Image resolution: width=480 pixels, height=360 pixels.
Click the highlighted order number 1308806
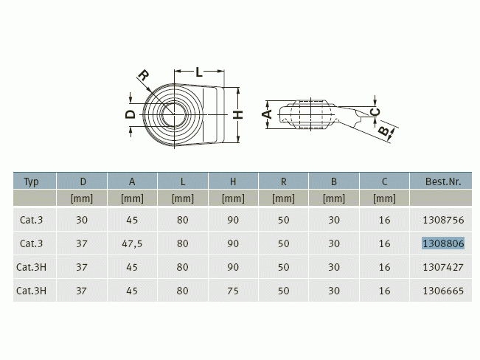[x=443, y=243]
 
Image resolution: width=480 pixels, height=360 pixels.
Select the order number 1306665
[x=443, y=291]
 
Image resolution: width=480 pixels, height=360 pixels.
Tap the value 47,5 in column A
[x=132, y=243]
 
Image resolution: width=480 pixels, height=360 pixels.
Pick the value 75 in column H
[x=233, y=291]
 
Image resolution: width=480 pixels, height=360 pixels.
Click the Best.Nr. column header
[x=443, y=181]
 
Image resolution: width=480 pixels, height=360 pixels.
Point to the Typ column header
[x=31, y=182]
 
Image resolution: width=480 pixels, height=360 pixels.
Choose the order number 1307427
[x=443, y=267]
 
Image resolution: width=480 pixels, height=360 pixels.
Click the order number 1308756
[x=443, y=220]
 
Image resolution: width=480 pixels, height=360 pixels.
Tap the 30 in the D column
[x=82, y=220]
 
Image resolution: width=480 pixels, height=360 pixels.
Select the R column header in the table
[x=283, y=181]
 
